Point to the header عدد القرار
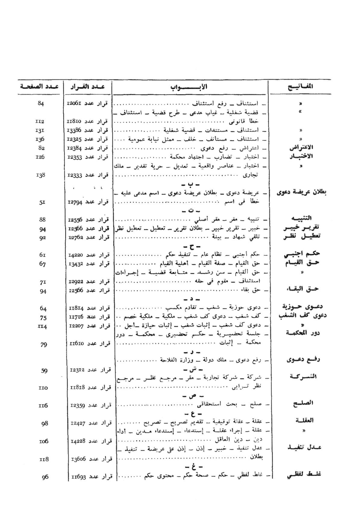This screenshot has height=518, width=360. point(87,87)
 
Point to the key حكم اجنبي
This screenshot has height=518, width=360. point(302,254)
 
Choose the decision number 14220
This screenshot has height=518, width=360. point(75,255)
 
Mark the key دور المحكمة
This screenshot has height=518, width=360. point(302,333)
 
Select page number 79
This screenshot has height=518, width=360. point(44,344)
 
